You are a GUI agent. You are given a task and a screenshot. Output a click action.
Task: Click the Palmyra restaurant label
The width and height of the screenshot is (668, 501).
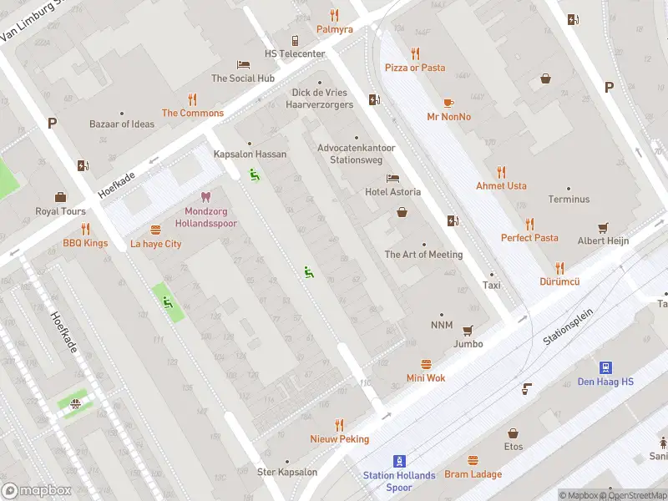pyautogui.click(x=334, y=29)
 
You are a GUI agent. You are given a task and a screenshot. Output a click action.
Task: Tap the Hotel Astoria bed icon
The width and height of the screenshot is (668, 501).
pyautogui.click(x=392, y=179)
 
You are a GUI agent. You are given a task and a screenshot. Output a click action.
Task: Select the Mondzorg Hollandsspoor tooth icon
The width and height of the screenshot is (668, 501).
pyautogui.click(x=206, y=198)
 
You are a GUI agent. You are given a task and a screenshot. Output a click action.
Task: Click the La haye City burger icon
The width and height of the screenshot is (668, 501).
pyautogui.click(x=155, y=230)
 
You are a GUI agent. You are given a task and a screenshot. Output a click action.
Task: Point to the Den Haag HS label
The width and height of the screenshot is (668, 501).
pyautogui.click(x=605, y=382)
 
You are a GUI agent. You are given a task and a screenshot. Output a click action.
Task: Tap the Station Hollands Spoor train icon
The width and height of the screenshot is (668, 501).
pyautogui.click(x=400, y=461)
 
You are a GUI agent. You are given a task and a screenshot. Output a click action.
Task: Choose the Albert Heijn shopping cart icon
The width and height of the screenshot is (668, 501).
pyautogui.click(x=603, y=227)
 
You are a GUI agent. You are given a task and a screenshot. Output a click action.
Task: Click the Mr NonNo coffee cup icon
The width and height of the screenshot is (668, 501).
pyautogui.click(x=448, y=103)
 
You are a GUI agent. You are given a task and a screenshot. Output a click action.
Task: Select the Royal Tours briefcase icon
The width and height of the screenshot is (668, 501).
pyautogui.click(x=60, y=197)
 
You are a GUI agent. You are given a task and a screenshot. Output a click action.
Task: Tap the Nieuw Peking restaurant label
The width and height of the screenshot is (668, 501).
pyautogui.click(x=339, y=438)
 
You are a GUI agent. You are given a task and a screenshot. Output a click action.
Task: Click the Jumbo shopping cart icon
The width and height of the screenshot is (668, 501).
pyautogui.click(x=468, y=330)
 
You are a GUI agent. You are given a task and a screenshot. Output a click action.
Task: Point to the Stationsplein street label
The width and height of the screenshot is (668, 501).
pyautogui.click(x=567, y=326)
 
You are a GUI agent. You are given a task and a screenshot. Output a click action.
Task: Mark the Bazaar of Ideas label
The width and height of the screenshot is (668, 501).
pyautogui.click(x=122, y=124)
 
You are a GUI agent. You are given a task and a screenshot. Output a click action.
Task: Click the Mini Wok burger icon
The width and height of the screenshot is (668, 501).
pyautogui.click(x=426, y=364)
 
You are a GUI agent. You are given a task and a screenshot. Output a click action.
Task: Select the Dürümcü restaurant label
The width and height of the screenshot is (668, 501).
pyautogui.click(x=559, y=282)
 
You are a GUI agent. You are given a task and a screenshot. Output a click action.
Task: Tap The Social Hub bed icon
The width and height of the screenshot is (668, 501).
pyautogui.click(x=243, y=64)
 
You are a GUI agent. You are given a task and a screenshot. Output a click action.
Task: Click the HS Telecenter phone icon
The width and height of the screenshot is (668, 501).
pyautogui.click(x=295, y=40)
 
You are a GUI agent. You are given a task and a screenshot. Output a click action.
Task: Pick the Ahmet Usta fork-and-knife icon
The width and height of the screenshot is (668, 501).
pyautogui.click(x=501, y=172)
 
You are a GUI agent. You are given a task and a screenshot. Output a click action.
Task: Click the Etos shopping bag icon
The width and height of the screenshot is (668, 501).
pyautogui.click(x=513, y=433)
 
